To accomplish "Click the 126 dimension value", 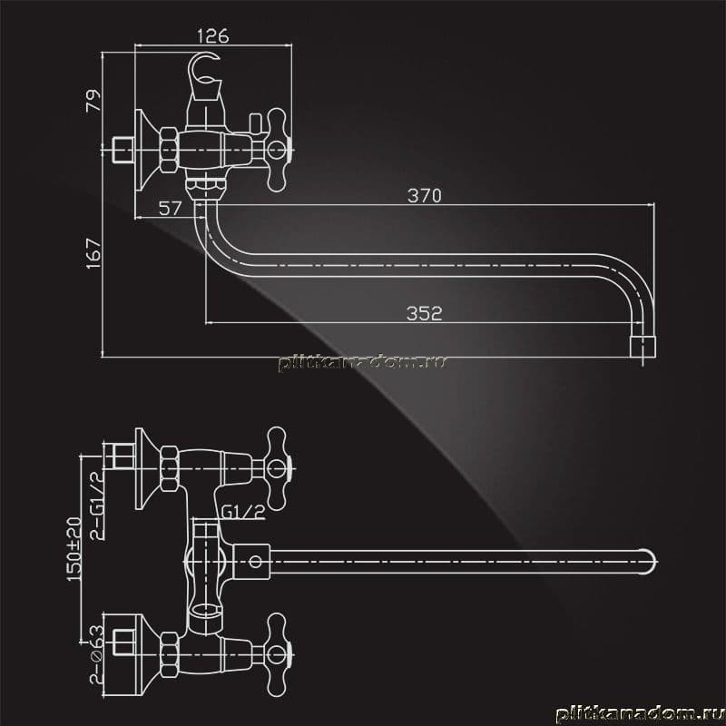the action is pyautogui.click(x=212, y=35).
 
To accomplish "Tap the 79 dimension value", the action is pyautogui.click(x=93, y=101).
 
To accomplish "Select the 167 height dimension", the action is pyautogui.click(x=93, y=253).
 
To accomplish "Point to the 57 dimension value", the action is pyautogui.click(x=170, y=209).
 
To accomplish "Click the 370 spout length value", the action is pyautogui.click(x=424, y=195).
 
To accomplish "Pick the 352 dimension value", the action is pyautogui.click(x=424, y=313).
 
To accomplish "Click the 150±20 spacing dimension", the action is pyautogui.click(x=74, y=549).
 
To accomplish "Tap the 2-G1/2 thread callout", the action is pyautogui.click(x=97, y=505).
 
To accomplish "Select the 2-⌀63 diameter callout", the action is pyautogui.click(x=96, y=654).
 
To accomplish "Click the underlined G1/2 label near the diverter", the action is pyautogui.click(x=242, y=512).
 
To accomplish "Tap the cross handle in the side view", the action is pyautogui.click(x=278, y=150).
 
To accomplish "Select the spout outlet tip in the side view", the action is pyautogui.click(x=643, y=348).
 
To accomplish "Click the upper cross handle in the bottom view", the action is pyautogui.click(x=278, y=468).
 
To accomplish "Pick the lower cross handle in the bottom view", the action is pyautogui.click(x=278, y=654).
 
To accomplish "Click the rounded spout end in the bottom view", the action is pyautogui.click(x=649, y=562).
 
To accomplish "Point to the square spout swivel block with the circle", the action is pyautogui.click(x=252, y=562).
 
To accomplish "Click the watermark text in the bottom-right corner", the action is pyautogui.click(x=640, y=713).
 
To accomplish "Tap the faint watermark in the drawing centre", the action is pyautogui.click(x=362, y=363).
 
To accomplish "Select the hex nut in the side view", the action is pyautogui.click(x=169, y=150).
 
